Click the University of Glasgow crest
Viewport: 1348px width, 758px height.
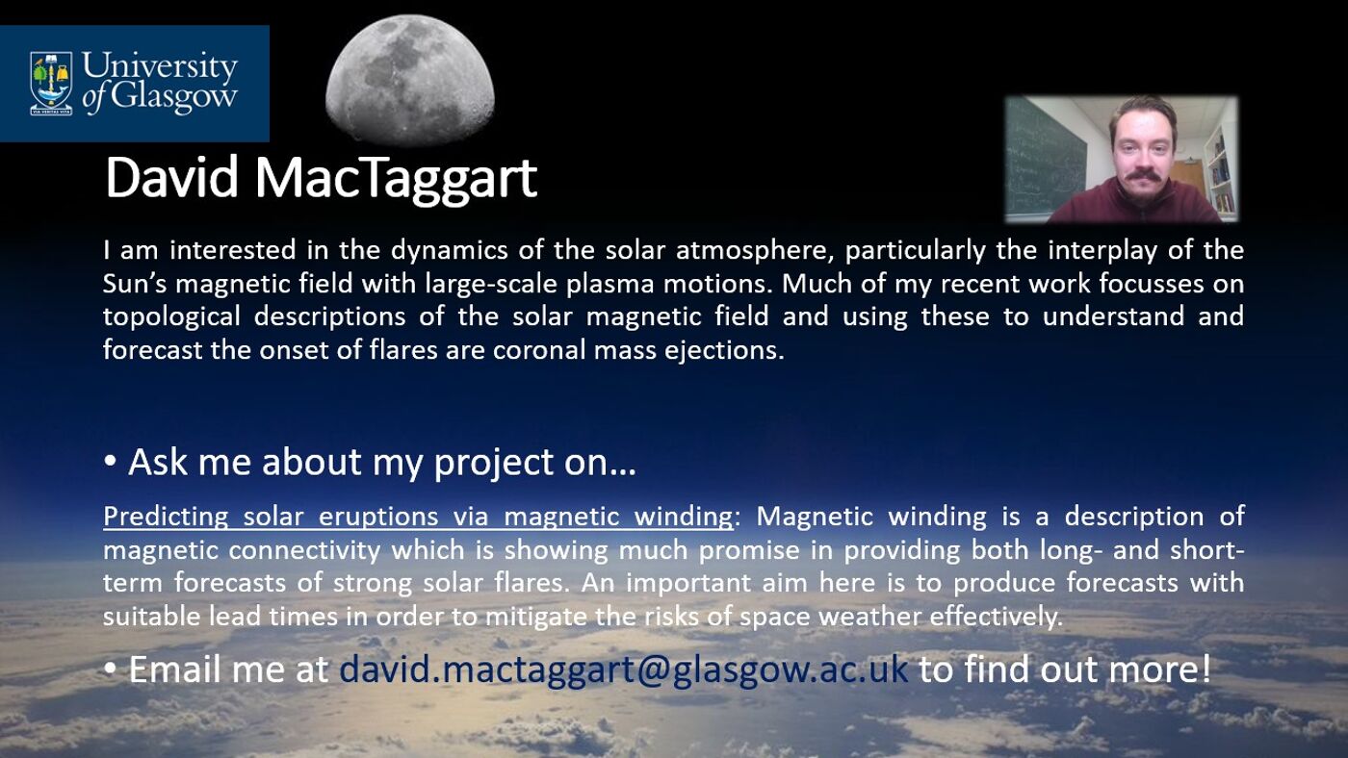[x=51, y=83]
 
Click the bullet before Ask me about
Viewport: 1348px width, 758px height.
[x=110, y=463]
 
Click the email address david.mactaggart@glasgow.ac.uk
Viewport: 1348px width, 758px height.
[x=623, y=670]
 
